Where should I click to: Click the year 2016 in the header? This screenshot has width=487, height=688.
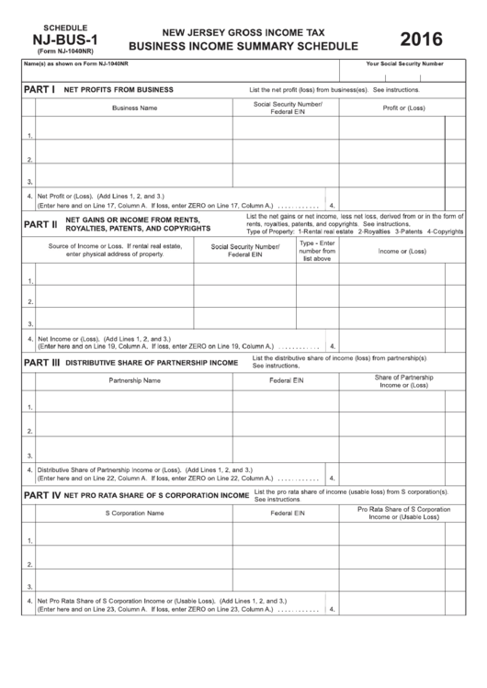(421, 39)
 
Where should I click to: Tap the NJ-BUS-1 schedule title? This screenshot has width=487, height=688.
(56, 40)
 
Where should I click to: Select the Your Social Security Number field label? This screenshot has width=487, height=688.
(404, 64)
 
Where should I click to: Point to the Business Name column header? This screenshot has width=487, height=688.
(134, 107)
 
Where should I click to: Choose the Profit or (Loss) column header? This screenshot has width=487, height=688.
(403, 107)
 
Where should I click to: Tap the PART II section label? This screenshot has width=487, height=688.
(41, 223)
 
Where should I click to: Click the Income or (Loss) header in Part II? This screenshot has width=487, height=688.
(402, 251)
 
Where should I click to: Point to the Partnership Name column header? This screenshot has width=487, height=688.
(134, 380)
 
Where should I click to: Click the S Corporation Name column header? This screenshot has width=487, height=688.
(134, 513)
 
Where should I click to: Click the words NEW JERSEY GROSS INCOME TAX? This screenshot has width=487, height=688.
(243, 29)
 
